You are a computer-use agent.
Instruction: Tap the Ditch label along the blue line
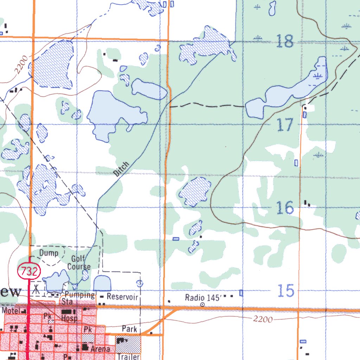tap(122, 169)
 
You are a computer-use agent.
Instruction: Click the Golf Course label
tap(79, 263)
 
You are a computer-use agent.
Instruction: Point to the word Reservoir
tap(122, 297)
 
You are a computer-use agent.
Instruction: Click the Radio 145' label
tap(203, 298)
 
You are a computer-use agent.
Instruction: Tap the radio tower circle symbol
tap(202, 305)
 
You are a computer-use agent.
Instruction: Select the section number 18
tap(284, 41)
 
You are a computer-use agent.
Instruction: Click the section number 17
tap(285, 125)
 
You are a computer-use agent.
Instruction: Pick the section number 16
tap(285, 208)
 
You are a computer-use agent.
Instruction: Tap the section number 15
tap(285, 291)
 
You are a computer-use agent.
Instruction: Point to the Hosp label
tap(69, 319)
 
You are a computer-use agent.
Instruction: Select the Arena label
tap(100, 349)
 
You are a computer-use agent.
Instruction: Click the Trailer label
tap(128, 357)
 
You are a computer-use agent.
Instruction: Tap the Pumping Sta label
tap(78, 298)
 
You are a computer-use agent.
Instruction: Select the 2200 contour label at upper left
tap(20, 67)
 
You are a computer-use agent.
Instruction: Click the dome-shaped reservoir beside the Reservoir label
tap(103, 283)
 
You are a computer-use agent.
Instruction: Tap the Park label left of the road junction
tap(129, 329)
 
